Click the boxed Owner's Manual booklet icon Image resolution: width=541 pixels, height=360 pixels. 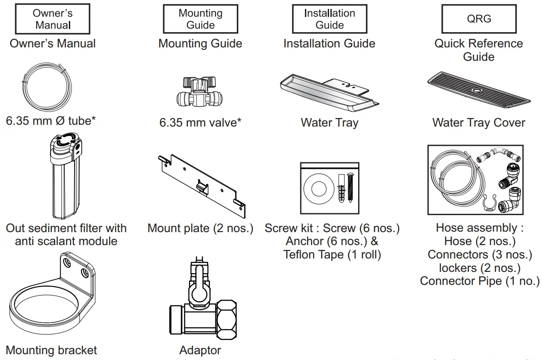[53, 19]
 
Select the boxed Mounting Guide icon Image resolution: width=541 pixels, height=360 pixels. [200, 19]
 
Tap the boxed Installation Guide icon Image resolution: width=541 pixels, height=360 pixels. [330, 19]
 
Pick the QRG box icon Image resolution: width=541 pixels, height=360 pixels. [479, 19]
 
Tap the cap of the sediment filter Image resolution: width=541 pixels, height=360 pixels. [66, 144]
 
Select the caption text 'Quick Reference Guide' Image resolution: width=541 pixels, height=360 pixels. [478, 50]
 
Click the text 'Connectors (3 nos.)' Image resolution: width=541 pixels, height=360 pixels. [479, 254]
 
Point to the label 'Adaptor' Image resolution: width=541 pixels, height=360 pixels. [200, 350]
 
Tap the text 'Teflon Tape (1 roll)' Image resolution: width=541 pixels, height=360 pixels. [332, 254]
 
